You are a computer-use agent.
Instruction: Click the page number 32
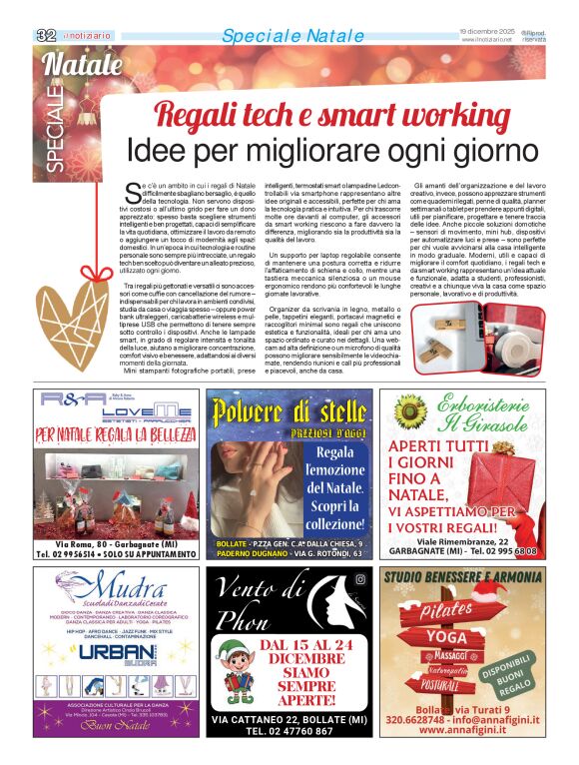point(45,35)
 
